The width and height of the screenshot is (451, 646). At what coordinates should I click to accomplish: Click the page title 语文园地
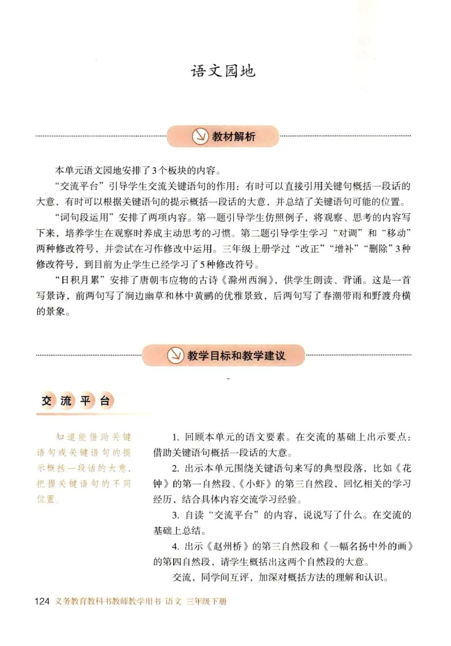pos(223,71)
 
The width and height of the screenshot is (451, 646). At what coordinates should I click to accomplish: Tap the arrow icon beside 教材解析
pos(200,136)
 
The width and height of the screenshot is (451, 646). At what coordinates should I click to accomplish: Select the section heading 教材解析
pos(233,137)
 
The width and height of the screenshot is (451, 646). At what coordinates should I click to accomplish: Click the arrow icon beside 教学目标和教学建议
pos(175,355)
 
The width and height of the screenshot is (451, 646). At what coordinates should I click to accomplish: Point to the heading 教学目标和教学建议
pos(236,356)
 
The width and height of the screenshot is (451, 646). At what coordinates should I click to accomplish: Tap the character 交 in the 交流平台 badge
pos(46,401)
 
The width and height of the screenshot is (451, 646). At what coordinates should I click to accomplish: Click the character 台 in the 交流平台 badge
pos(104,401)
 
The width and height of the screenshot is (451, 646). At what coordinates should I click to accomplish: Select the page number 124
pos(42,601)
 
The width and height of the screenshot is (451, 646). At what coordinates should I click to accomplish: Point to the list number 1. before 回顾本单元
pos(175,437)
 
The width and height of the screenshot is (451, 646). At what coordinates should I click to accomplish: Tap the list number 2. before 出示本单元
pos(175,469)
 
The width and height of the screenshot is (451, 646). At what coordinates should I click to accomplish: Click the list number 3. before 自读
pos(175,515)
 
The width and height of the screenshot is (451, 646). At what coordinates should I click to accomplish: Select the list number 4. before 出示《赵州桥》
pos(175,547)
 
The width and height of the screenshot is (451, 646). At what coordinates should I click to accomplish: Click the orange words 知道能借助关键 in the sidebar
pos(94,437)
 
